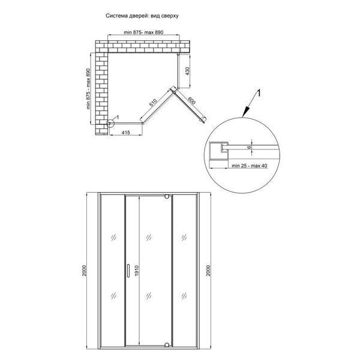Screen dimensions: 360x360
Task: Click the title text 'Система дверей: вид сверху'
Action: [x=142, y=16]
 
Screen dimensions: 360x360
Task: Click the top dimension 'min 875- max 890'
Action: [x=143, y=32]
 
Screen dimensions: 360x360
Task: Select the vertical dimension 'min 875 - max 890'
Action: [x=88, y=89]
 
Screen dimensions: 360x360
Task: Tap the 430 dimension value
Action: [x=187, y=71]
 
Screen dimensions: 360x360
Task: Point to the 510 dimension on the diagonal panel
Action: [x=153, y=103]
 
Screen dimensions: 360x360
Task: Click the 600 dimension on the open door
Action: [x=192, y=101]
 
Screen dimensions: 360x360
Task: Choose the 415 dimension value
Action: [x=125, y=133]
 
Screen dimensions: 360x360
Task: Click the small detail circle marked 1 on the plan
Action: [x=110, y=124]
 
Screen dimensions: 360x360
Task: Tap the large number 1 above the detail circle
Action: [x=259, y=94]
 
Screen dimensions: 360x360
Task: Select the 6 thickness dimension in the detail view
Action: [x=250, y=147]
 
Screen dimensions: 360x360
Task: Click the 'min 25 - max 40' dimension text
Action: [x=250, y=166]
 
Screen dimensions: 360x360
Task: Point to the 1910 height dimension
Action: [x=137, y=271]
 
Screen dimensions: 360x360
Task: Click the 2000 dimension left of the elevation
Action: [x=84, y=271]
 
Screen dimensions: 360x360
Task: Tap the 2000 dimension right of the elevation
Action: [x=208, y=271]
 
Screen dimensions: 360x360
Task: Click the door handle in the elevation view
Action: [x=128, y=271]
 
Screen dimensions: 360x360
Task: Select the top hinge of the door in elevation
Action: [x=167, y=197]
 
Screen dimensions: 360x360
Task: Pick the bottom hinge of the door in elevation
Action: [x=167, y=344]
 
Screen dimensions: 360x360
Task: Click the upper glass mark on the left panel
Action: [x=113, y=237]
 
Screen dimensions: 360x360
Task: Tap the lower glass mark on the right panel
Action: [x=184, y=296]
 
